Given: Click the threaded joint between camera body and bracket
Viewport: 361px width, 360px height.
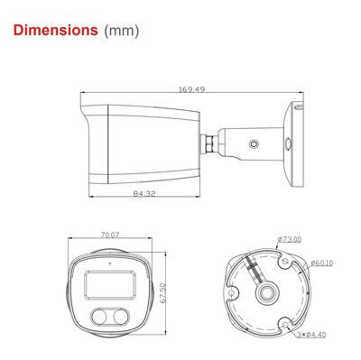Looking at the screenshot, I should tap(213, 141).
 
